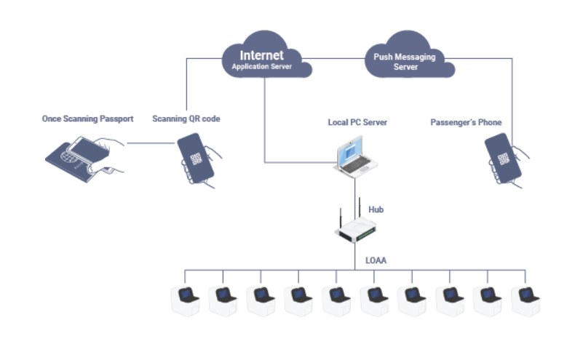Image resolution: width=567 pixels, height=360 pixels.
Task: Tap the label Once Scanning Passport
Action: pyautogui.click(x=87, y=119)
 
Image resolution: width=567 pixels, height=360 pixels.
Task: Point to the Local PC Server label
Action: pyautogui.click(x=357, y=122)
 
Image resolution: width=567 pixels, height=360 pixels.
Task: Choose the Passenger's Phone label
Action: pyautogui.click(x=466, y=122)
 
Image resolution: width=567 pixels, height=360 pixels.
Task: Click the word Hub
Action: pyautogui.click(x=376, y=209)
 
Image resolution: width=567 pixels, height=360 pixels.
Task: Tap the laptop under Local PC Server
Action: pyautogui.click(x=356, y=159)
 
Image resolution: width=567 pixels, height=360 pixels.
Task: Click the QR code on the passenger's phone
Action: pyautogui.click(x=501, y=159)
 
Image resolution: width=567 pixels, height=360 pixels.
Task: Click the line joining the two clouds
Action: pyautogui.click(x=339, y=59)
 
